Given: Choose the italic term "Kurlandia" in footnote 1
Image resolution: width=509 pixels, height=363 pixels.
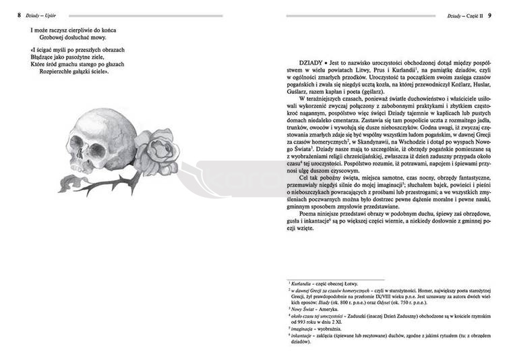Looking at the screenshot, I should pyautogui.click(x=303, y=284).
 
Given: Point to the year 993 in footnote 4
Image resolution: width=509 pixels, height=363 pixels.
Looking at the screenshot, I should pyautogui.click(x=300, y=323).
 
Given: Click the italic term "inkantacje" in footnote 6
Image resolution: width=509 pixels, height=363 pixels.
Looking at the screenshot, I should pyautogui.click(x=303, y=335).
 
